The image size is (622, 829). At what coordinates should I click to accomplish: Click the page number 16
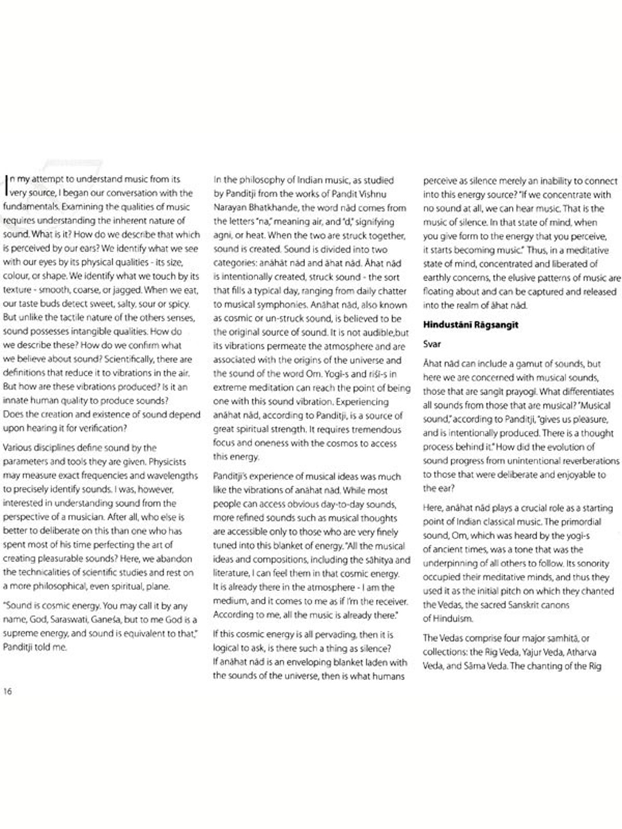coord(7,691)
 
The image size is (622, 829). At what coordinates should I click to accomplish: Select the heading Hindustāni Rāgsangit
coord(470,325)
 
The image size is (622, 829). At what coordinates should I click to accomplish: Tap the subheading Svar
coord(432,344)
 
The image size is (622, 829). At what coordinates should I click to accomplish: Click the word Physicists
coord(167,462)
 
